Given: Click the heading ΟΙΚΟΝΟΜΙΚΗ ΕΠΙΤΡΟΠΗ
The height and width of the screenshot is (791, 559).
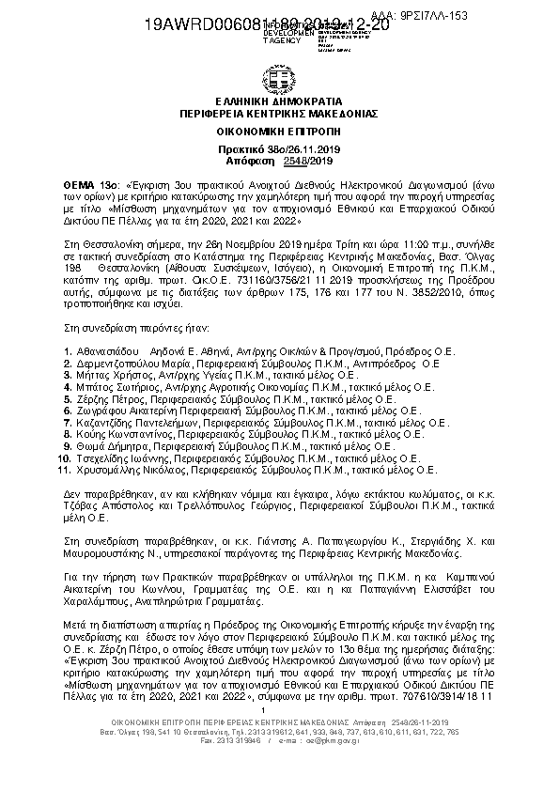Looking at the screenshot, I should pyautogui.click(x=279, y=133).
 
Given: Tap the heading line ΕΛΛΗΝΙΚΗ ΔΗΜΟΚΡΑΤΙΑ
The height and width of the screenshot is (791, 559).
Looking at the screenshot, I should pyautogui.click(x=279, y=101).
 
